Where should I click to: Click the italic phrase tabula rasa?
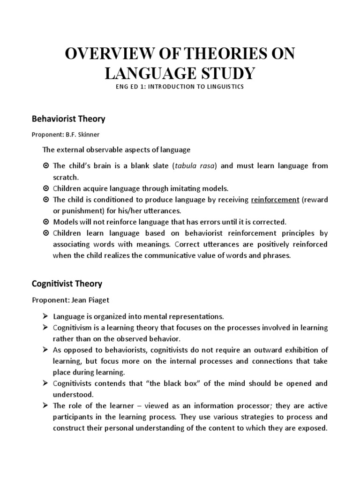pyautogui.click(x=195, y=166)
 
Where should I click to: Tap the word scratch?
pyautogui.click(x=66, y=177)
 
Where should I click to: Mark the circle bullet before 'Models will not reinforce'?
pyautogui.click(x=46, y=222)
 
